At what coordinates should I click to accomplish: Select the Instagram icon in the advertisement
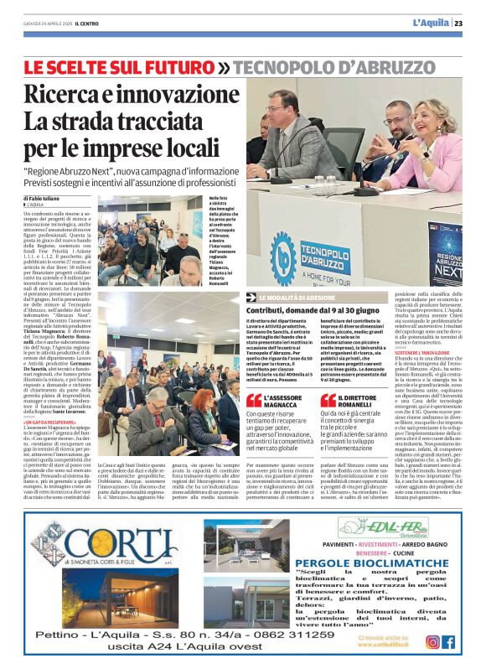point(432,642)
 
